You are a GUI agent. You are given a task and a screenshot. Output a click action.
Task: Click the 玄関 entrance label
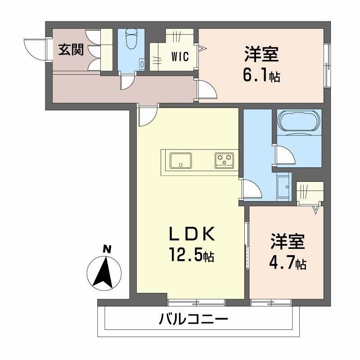click(x=71, y=50)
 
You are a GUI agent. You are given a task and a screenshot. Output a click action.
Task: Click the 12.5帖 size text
click(x=192, y=256)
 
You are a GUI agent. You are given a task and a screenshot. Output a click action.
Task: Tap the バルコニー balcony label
click(x=194, y=320)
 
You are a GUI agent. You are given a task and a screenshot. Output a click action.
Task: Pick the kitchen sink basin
click(x=181, y=160)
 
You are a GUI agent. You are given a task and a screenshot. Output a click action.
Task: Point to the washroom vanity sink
click(x=283, y=185)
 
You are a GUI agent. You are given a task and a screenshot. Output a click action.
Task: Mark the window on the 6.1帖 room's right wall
click(x=327, y=66)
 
